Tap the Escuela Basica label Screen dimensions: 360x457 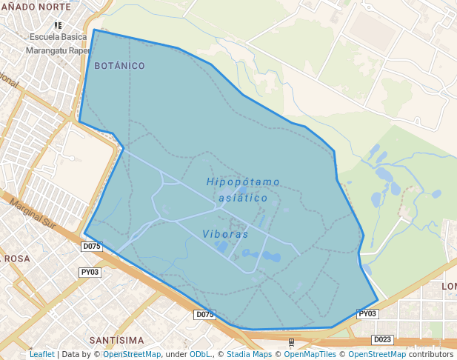tap(57, 37)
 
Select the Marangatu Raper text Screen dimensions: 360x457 tap(58, 51)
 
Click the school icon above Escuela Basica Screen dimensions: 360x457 tap(58, 25)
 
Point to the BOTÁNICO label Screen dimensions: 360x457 tap(119, 66)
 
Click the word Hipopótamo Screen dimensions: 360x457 tap(244, 182)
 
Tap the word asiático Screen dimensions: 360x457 tap(244, 199)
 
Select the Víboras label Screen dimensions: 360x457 tap(225, 234)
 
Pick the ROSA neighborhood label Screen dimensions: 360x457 tap(16, 259)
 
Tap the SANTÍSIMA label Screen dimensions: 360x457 tap(116, 340)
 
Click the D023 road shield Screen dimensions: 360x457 tap(382, 340)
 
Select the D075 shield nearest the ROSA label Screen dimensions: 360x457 tap(92, 246)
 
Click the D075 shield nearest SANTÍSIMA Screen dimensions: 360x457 tap(204, 315)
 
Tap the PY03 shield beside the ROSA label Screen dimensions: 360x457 tap(90, 273)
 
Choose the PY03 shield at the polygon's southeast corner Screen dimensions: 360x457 tap(367, 314)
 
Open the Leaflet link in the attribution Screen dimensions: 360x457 tap(41, 355)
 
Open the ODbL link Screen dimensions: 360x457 tap(200, 355)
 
